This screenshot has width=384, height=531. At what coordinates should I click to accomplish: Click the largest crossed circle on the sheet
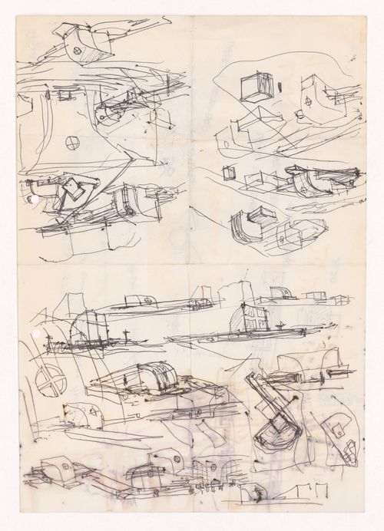pos(50,381)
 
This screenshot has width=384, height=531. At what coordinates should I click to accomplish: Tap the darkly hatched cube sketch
pos(255,87)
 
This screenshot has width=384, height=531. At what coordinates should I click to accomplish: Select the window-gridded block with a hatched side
pos(257,316)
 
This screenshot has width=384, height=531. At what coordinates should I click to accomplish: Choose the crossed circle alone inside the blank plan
pos(72,142)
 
